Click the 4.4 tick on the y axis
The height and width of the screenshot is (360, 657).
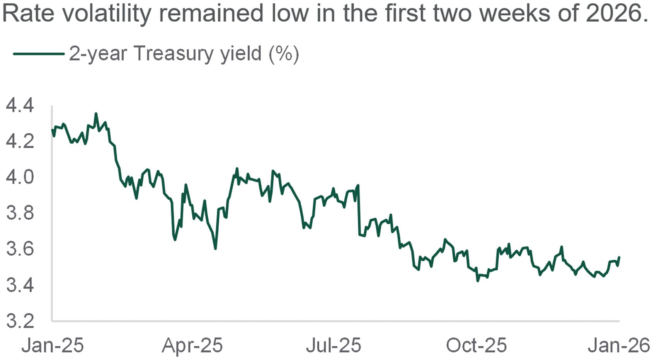20,105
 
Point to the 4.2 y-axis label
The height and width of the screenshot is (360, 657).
20,141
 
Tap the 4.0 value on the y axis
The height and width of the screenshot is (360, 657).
20,177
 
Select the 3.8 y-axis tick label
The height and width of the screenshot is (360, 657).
20,213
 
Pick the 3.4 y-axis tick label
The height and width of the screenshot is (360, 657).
20,285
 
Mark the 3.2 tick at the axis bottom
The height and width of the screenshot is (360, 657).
20,321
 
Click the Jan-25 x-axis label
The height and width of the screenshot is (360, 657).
52,345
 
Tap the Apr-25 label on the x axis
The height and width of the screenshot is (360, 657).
192,345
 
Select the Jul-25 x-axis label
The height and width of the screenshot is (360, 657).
333,345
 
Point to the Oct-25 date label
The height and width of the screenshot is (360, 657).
476,345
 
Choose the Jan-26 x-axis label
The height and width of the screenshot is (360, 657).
619,345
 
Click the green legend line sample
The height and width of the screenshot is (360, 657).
38,54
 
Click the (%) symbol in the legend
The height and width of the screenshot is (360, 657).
284,54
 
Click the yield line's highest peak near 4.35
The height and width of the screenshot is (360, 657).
96,114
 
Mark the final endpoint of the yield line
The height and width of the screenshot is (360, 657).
619,257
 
